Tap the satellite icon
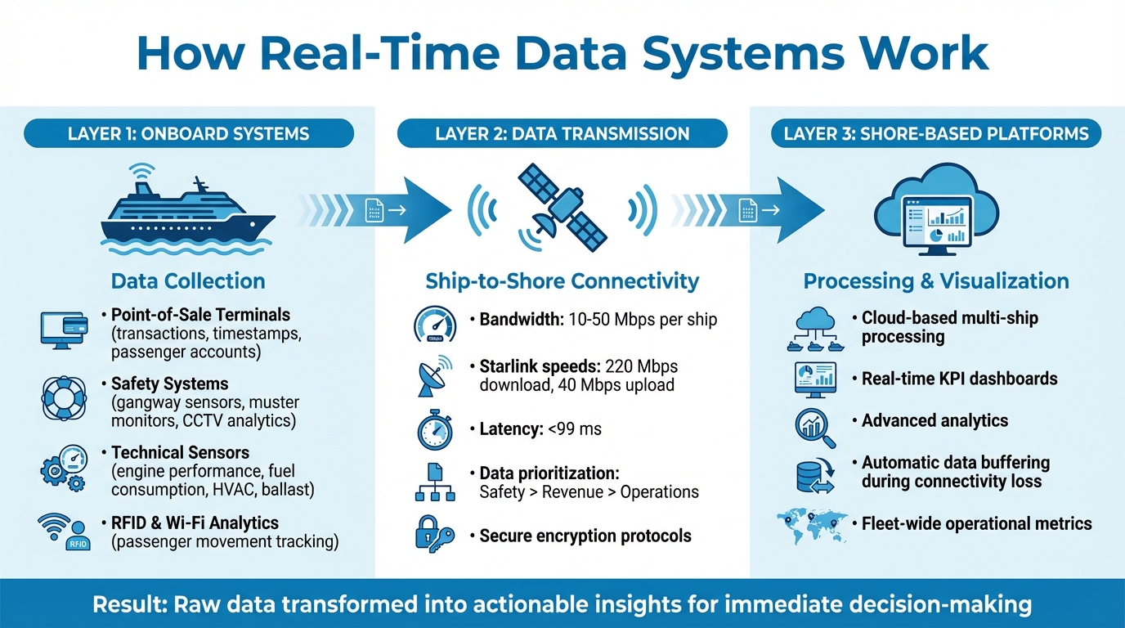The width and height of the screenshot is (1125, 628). coord(563,208)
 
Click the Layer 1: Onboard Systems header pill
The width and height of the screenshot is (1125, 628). coord(188,133)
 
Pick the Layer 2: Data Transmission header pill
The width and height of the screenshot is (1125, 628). coord(562,133)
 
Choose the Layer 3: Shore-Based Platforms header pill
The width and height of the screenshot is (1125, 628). coord(936,133)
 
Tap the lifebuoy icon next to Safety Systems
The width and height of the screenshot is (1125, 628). coord(64,398)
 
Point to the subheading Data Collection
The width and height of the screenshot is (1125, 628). coord(188,281)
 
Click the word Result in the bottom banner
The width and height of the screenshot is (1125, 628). coord(123,605)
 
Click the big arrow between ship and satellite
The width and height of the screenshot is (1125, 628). coord(384,211)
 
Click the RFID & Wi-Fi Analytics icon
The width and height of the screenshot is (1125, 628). coord(63,532)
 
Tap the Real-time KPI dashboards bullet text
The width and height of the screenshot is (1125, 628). coord(960,379)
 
